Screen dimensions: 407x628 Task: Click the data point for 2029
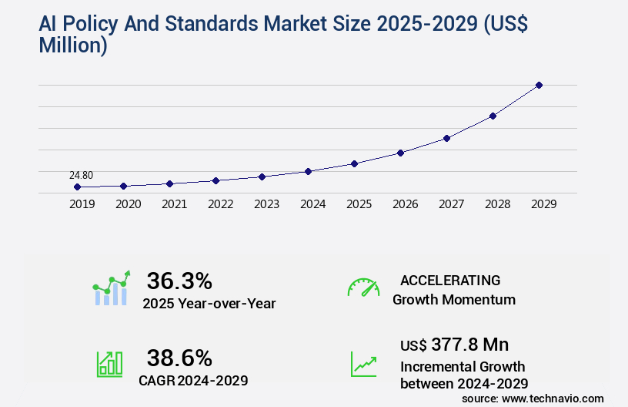tap(539, 85)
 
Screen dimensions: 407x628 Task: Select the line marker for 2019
tap(77, 187)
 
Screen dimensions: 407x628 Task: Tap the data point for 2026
tap(400, 153)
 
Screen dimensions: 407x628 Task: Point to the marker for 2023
tap(262, 177)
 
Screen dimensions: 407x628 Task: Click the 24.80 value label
tap(81, 175)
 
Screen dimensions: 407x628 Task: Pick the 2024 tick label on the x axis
tap(312, 205)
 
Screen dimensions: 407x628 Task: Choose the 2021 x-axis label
tap(174, 205)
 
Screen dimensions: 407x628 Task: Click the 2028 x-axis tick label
tap(497, 205)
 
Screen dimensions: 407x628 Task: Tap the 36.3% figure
tap(179, 281)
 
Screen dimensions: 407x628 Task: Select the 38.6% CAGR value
tap(179, 358)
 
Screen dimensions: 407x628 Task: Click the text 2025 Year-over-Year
tap(209, 304)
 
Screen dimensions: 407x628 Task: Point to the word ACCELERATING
tap(450, 280)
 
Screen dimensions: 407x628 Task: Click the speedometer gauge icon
tap(363, 288)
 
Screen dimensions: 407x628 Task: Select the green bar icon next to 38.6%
tap(109, 364)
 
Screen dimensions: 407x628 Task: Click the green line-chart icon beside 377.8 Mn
tap(363, 364)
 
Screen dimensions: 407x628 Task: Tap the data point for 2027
tap(446, 138)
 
